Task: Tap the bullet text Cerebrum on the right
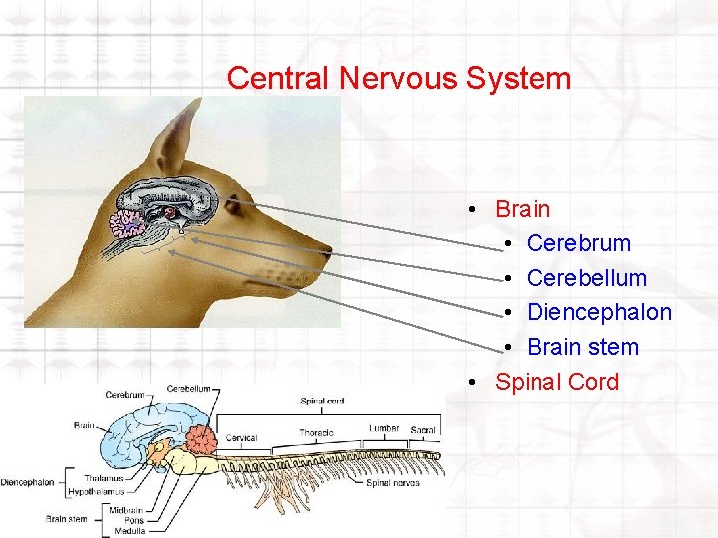(x=578, y=243)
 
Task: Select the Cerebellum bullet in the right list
(x=586, y=278)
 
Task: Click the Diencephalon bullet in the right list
(x=598, y=312)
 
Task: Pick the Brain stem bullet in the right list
(x=582, y=347)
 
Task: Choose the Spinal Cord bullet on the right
(x=556, y=382)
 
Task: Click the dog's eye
(x=233, y=206)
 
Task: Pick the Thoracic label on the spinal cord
(x=316, y=433)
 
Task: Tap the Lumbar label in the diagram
(x=384, y=428)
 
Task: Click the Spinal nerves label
(x=391, y=483)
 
